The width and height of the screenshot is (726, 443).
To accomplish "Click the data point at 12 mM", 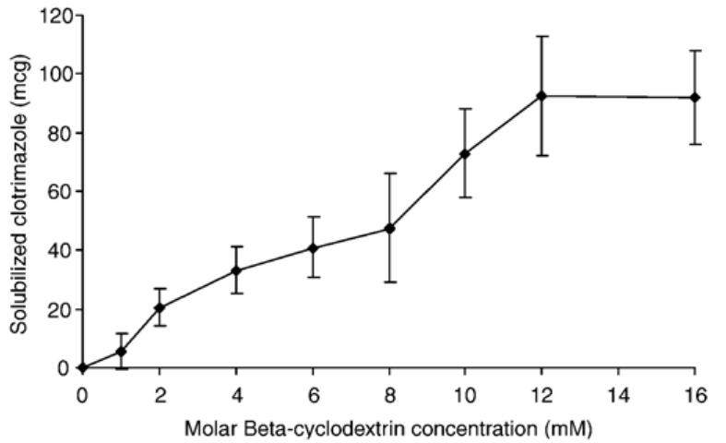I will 542,96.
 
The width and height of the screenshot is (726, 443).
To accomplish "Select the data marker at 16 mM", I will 696,97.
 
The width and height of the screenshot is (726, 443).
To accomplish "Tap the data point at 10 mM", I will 465,153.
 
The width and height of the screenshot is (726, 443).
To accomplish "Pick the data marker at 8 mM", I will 389,228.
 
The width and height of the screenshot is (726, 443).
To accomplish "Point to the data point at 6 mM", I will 313,247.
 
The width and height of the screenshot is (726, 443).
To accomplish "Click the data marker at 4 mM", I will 236,270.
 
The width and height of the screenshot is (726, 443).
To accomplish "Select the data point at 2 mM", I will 160,307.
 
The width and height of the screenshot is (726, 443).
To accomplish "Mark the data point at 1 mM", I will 121,352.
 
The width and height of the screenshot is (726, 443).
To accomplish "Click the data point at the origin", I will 83,367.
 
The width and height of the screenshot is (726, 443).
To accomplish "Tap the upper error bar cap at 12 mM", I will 542,36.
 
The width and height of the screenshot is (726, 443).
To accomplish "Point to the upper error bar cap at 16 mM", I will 696,51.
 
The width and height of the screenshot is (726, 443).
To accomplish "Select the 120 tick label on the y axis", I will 54,15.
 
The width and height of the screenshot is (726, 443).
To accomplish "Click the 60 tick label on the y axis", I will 58,191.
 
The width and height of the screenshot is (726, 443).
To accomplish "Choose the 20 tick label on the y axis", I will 58,308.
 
